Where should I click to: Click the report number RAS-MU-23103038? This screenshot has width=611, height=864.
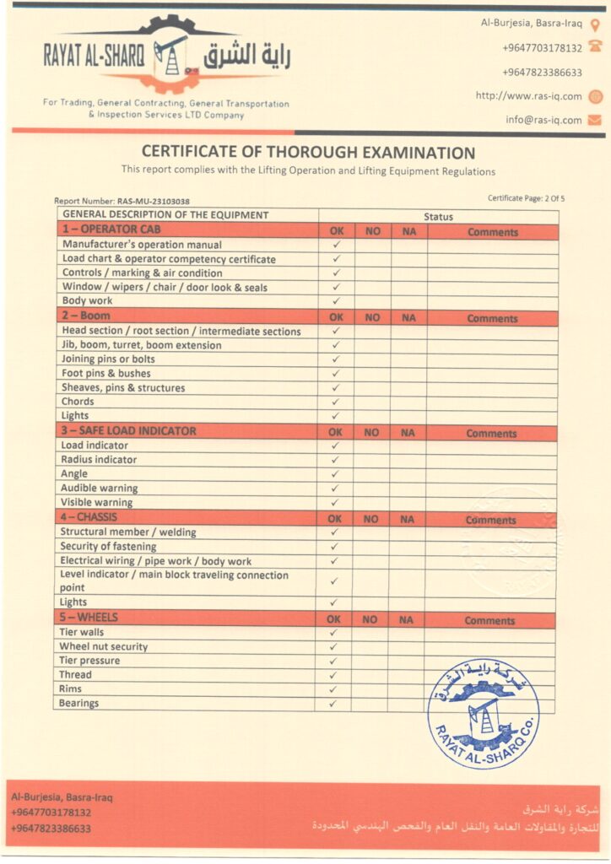122,202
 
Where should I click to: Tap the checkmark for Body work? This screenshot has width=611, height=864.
336,301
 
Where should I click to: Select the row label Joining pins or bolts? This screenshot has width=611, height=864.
108,359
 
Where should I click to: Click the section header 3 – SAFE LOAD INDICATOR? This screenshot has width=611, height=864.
128,431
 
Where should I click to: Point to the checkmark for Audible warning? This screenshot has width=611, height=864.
335,488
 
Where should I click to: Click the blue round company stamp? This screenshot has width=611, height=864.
483,713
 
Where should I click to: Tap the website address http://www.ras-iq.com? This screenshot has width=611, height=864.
528,96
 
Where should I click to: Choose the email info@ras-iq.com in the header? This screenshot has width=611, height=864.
543,120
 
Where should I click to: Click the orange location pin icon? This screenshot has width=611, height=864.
594,24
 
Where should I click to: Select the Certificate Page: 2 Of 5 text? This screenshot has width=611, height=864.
526,198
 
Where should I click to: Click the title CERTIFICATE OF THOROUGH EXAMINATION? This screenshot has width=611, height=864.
308,153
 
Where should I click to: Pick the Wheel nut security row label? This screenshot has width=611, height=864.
103,647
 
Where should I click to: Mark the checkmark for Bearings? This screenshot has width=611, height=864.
333,703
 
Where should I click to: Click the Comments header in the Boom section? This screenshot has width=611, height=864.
492,319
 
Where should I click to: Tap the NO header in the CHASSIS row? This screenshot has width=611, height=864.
370,519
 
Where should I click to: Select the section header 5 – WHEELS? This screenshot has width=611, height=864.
88,618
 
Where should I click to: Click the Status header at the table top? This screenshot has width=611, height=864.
438,217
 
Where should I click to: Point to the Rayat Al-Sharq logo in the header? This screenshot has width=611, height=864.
167,57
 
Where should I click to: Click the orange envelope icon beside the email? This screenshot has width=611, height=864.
594,120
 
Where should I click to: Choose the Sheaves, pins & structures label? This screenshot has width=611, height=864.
123,388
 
